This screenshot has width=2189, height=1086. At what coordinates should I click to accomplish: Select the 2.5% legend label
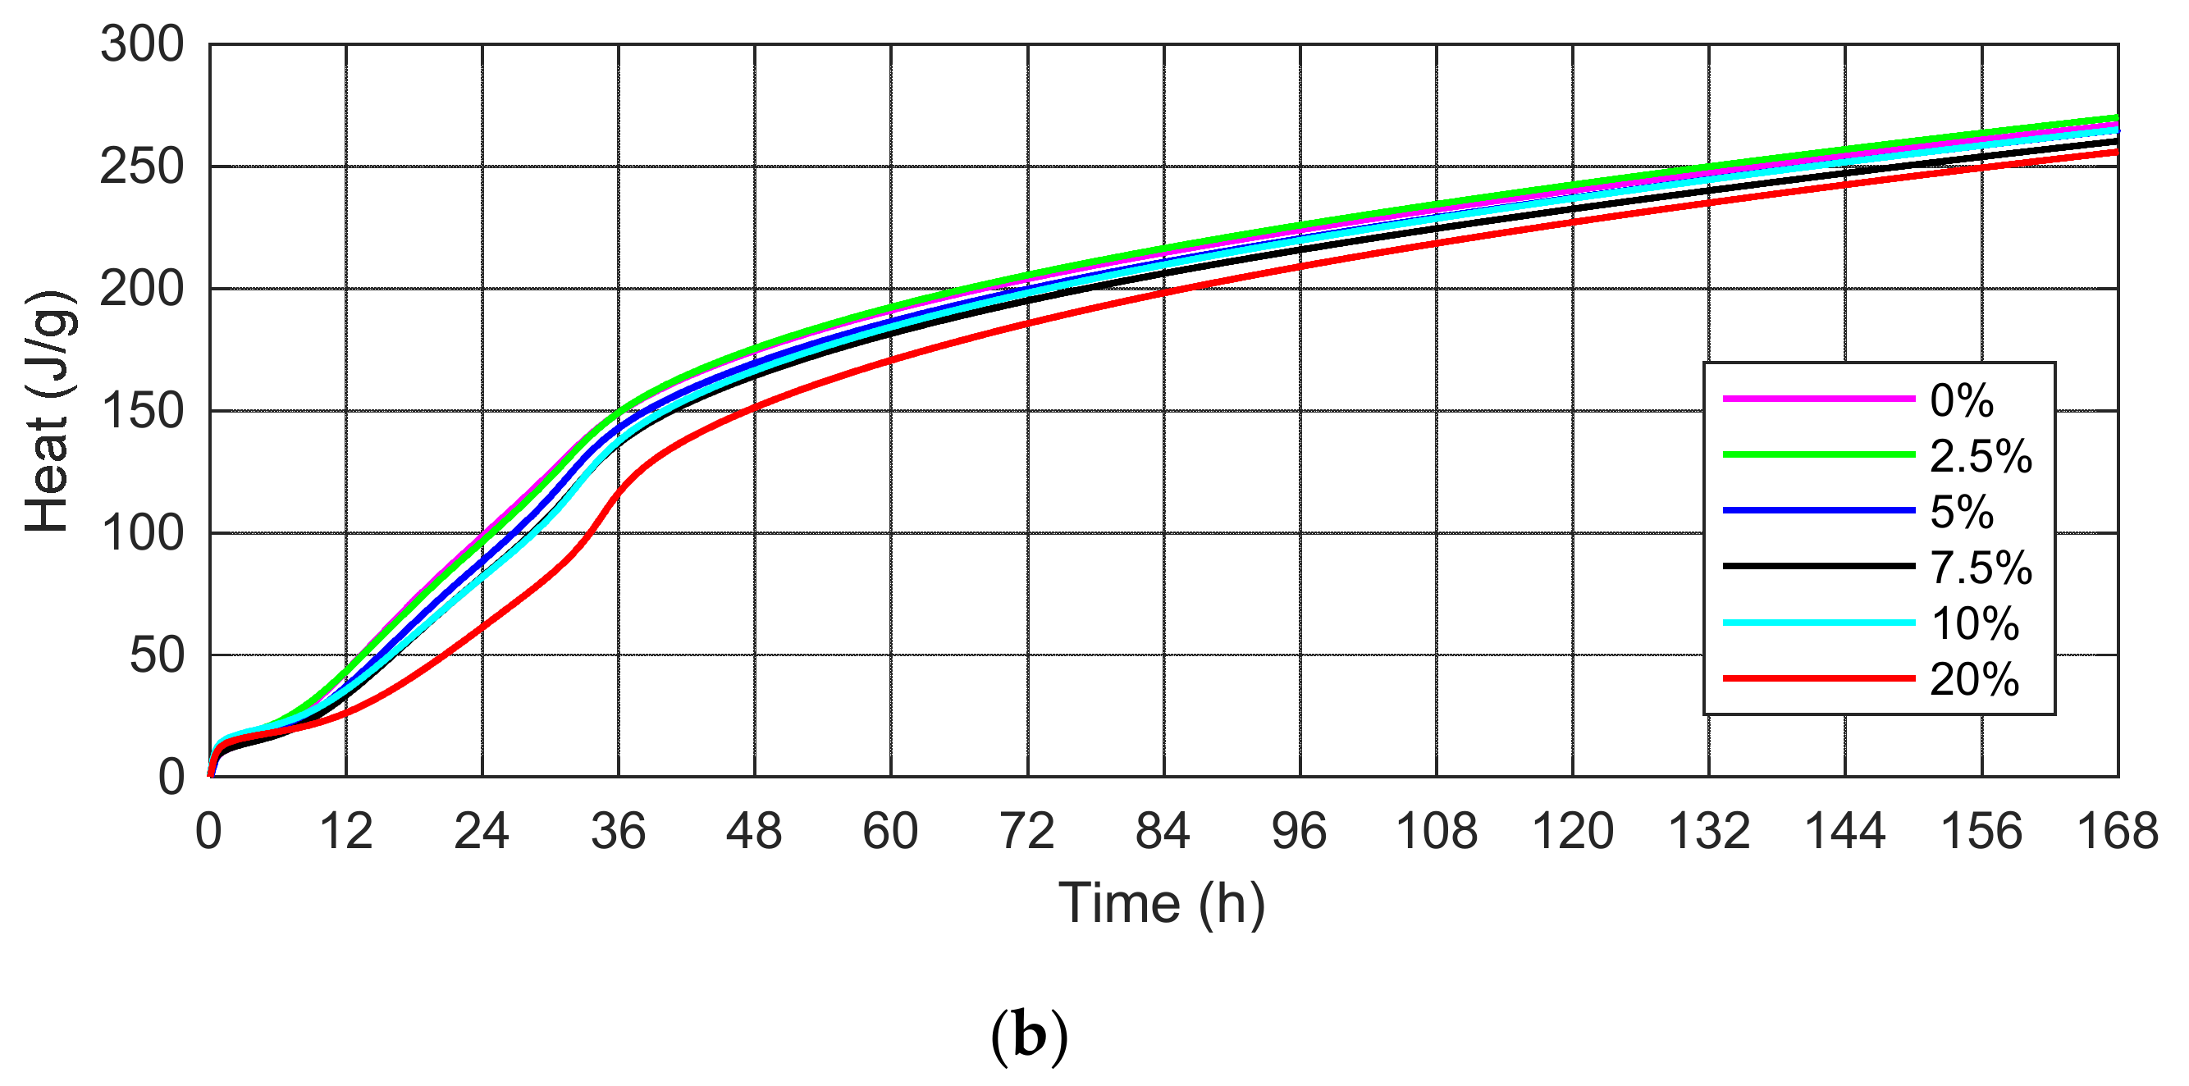pyautogui.click(x=1981, y=456)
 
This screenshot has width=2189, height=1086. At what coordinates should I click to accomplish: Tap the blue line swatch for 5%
pyautogui.click(x=1818, y=511)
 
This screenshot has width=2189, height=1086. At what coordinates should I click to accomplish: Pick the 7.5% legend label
pyautogui.click(x=1981, y=567)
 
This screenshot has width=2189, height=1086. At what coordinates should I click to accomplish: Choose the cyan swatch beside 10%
pyautogui.click(x=1818, y=623)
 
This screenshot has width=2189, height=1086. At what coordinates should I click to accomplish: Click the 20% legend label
pyautogui.click(x=1974, y=679)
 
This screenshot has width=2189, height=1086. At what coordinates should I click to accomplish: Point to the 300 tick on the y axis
pyautogui.click(x=142, y=44)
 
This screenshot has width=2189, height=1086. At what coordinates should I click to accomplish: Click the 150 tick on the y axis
pyautogui.click(x=142, y=411)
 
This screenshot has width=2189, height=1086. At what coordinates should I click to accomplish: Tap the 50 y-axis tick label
pyautogui.click(x=157, y=655)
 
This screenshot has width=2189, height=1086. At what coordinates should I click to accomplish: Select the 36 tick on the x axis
pyautogui.click(x=619, y=831)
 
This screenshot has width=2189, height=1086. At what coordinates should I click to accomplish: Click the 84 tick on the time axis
pyautogui.click(x=1163, y=831)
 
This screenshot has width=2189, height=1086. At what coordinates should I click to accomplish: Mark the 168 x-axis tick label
pyautogui.click(x=2117, y=831)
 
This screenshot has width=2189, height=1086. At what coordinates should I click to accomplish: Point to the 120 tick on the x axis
pyautogui.click(x=1572, y=831)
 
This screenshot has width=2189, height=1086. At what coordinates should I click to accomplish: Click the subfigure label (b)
pyautogui.click(x=1029, y=1036)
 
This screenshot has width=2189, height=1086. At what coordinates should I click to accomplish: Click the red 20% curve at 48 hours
pyautogui.click(x=755, y=408)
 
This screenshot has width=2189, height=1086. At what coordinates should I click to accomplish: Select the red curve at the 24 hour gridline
pyautogui.click(x=482, y=627)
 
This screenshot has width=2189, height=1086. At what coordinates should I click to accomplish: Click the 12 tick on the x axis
pyautogui.click(x=346, y=831)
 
